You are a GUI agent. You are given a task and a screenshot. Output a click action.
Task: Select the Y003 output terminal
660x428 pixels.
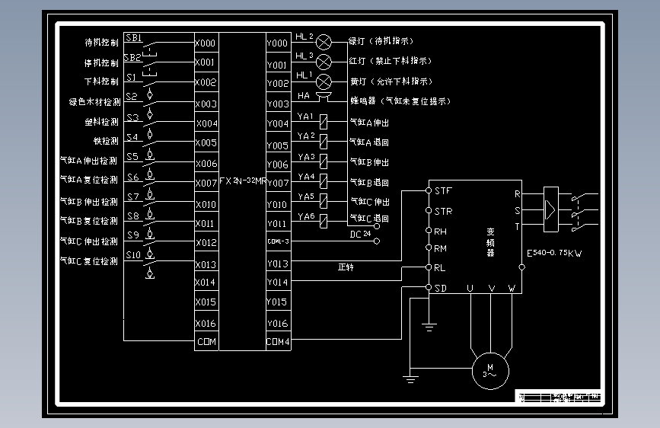pyautogui.click(x=277, y=104)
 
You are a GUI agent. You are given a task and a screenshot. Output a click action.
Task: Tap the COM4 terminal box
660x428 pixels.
pyautogui.click(x=278, y=342)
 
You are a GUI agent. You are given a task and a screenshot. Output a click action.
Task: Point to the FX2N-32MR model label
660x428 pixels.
pyautogui.click(x=242, y=181)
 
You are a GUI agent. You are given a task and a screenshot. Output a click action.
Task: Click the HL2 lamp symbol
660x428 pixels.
pyautogui.click(x=324, y=41)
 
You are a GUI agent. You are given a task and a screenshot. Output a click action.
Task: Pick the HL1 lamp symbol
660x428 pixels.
pyautogui.click(x=324, y=81)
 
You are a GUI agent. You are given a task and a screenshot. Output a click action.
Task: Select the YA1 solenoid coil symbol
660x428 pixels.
pyautogui.click(x=324, y=121)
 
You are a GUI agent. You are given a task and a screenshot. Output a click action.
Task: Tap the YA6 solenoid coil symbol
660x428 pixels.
pyautogui.click(x=324, y=221)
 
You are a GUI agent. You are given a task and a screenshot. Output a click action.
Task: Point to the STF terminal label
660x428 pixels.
pyautogui.click(x=442, y=190)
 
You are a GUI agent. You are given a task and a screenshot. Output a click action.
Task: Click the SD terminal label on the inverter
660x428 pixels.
pyautogui.click(x=441, y=288)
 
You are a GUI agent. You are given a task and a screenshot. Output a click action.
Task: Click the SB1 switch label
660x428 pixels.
pyautogui.click(x=133, y=38)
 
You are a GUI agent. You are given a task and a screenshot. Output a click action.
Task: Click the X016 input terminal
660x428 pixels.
pyautogui.click(x=206, y=323)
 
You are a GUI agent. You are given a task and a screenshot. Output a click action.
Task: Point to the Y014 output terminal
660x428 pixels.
pyautogui.click(x=277, y=283)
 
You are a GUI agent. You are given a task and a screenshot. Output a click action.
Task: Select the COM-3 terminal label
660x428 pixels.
pyautogui.click(x=278, y=241)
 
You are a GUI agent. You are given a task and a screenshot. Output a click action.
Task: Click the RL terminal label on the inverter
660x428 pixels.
pyautogui.click(x=440, y=268)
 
